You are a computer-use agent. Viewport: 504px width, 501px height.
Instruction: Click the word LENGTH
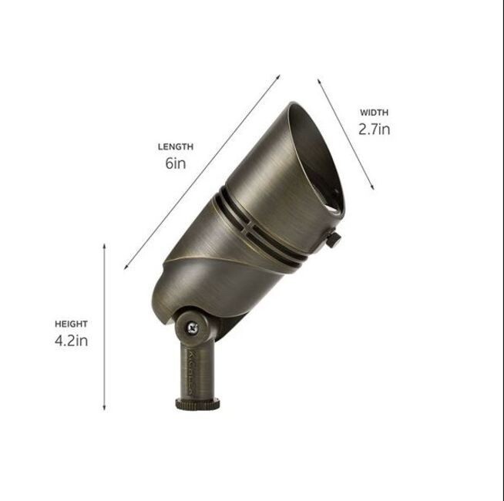coord(176,147)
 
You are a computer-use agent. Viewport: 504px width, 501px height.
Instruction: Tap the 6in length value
coord(176,163)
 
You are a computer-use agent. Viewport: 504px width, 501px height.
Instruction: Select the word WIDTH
coord(374,113)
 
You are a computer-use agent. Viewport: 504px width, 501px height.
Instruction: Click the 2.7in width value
coord(374,129)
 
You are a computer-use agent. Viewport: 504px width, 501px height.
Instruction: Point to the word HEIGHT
coord(71,324)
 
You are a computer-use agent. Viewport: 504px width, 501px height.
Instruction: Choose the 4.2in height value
coord(71,341)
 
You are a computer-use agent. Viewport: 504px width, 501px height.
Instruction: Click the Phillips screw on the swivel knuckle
coord(193,328)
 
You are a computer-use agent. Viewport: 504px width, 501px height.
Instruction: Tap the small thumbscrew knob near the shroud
coord(334,239)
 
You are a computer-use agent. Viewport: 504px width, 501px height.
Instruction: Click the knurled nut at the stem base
coord(197,404)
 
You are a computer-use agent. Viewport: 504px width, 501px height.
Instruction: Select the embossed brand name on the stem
coord(190,372)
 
